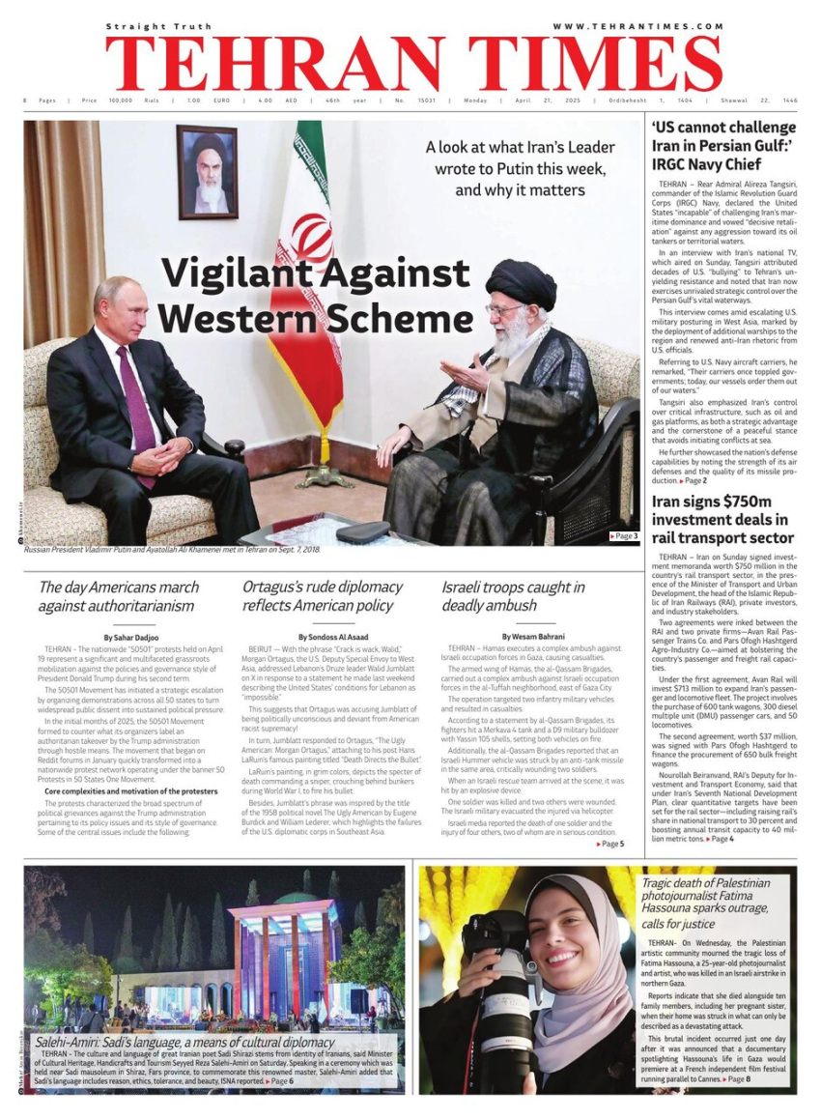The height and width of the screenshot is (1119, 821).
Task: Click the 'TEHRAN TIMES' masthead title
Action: [413, 64]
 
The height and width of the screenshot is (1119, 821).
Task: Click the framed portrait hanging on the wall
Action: [207, 171]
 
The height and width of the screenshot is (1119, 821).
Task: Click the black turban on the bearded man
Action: [521, 282]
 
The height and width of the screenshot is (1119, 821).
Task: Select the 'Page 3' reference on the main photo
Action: [624, 535]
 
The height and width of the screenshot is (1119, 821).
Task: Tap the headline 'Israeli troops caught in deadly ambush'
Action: [513, 596]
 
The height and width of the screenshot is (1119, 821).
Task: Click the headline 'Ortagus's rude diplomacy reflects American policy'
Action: [322, 596]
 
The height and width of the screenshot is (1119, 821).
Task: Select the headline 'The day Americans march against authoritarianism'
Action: [118, 596]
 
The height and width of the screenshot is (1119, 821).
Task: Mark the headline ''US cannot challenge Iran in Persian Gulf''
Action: [722, 146]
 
